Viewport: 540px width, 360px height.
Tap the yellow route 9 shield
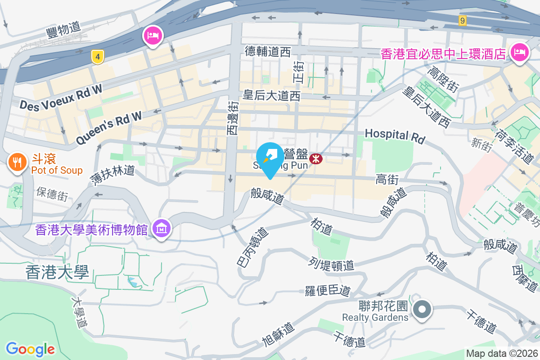pyautogui.click(x=462, y=20)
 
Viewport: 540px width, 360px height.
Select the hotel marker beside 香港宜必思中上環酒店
pyautogui.click(x=519, y=53)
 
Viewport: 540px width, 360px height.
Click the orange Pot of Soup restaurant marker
pyautogui.click(x=18, y=162)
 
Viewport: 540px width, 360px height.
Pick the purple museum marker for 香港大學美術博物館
pyautogui.click(x=162, y=229)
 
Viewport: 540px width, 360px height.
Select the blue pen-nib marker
pyautogui.click(x=270, y=157)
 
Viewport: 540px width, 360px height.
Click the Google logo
pyautogui.click(x=31, y=349)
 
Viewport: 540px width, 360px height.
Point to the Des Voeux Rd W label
pyautogui.click(x=61, y=98)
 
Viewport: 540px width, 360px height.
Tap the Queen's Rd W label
pyautogui.click(x=109, y=128)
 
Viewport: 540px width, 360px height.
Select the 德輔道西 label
pyautogui.click(x=268, y=52)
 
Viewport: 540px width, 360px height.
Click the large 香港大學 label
pyautogui.click(x=57, y=272)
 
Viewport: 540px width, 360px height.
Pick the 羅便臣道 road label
pyautogui.click(x=328, y=291)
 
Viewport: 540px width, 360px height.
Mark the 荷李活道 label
pyautogui.click(x=513, y=147)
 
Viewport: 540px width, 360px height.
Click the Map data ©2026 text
pyautogui.click(x=501, y=354)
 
